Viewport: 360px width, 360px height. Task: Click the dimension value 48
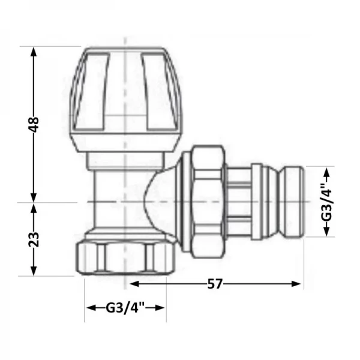pos(34,124)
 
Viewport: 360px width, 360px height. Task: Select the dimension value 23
pos(34,239)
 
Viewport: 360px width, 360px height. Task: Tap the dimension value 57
pos(215,284)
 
